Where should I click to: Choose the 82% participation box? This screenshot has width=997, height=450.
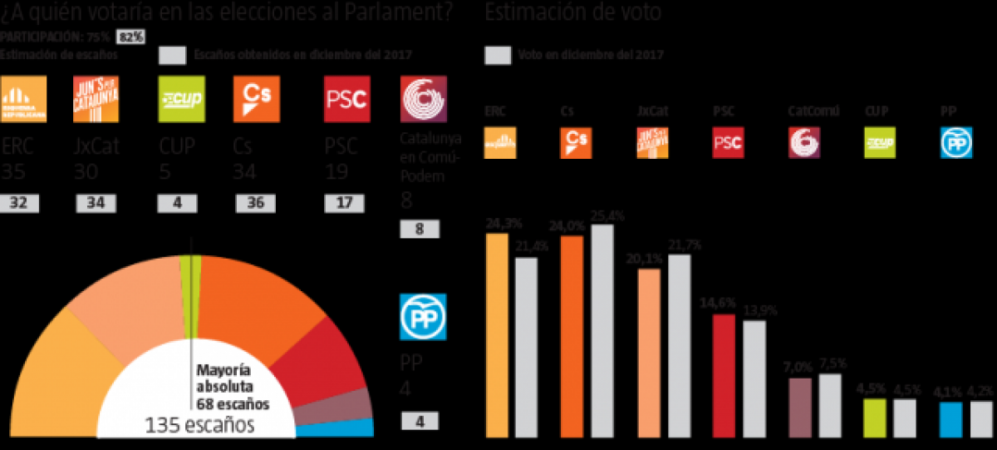(x=131, y=37)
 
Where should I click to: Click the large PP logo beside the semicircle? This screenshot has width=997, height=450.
(x=423, y=317)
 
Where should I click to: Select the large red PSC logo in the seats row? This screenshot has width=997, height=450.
(x=346, y=100)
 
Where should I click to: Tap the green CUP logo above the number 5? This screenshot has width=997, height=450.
(x=181, y=100)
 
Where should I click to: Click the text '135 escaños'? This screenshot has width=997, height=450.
(x=199, y=426)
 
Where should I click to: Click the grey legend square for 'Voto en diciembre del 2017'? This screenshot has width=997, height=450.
(x=497, y=55)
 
